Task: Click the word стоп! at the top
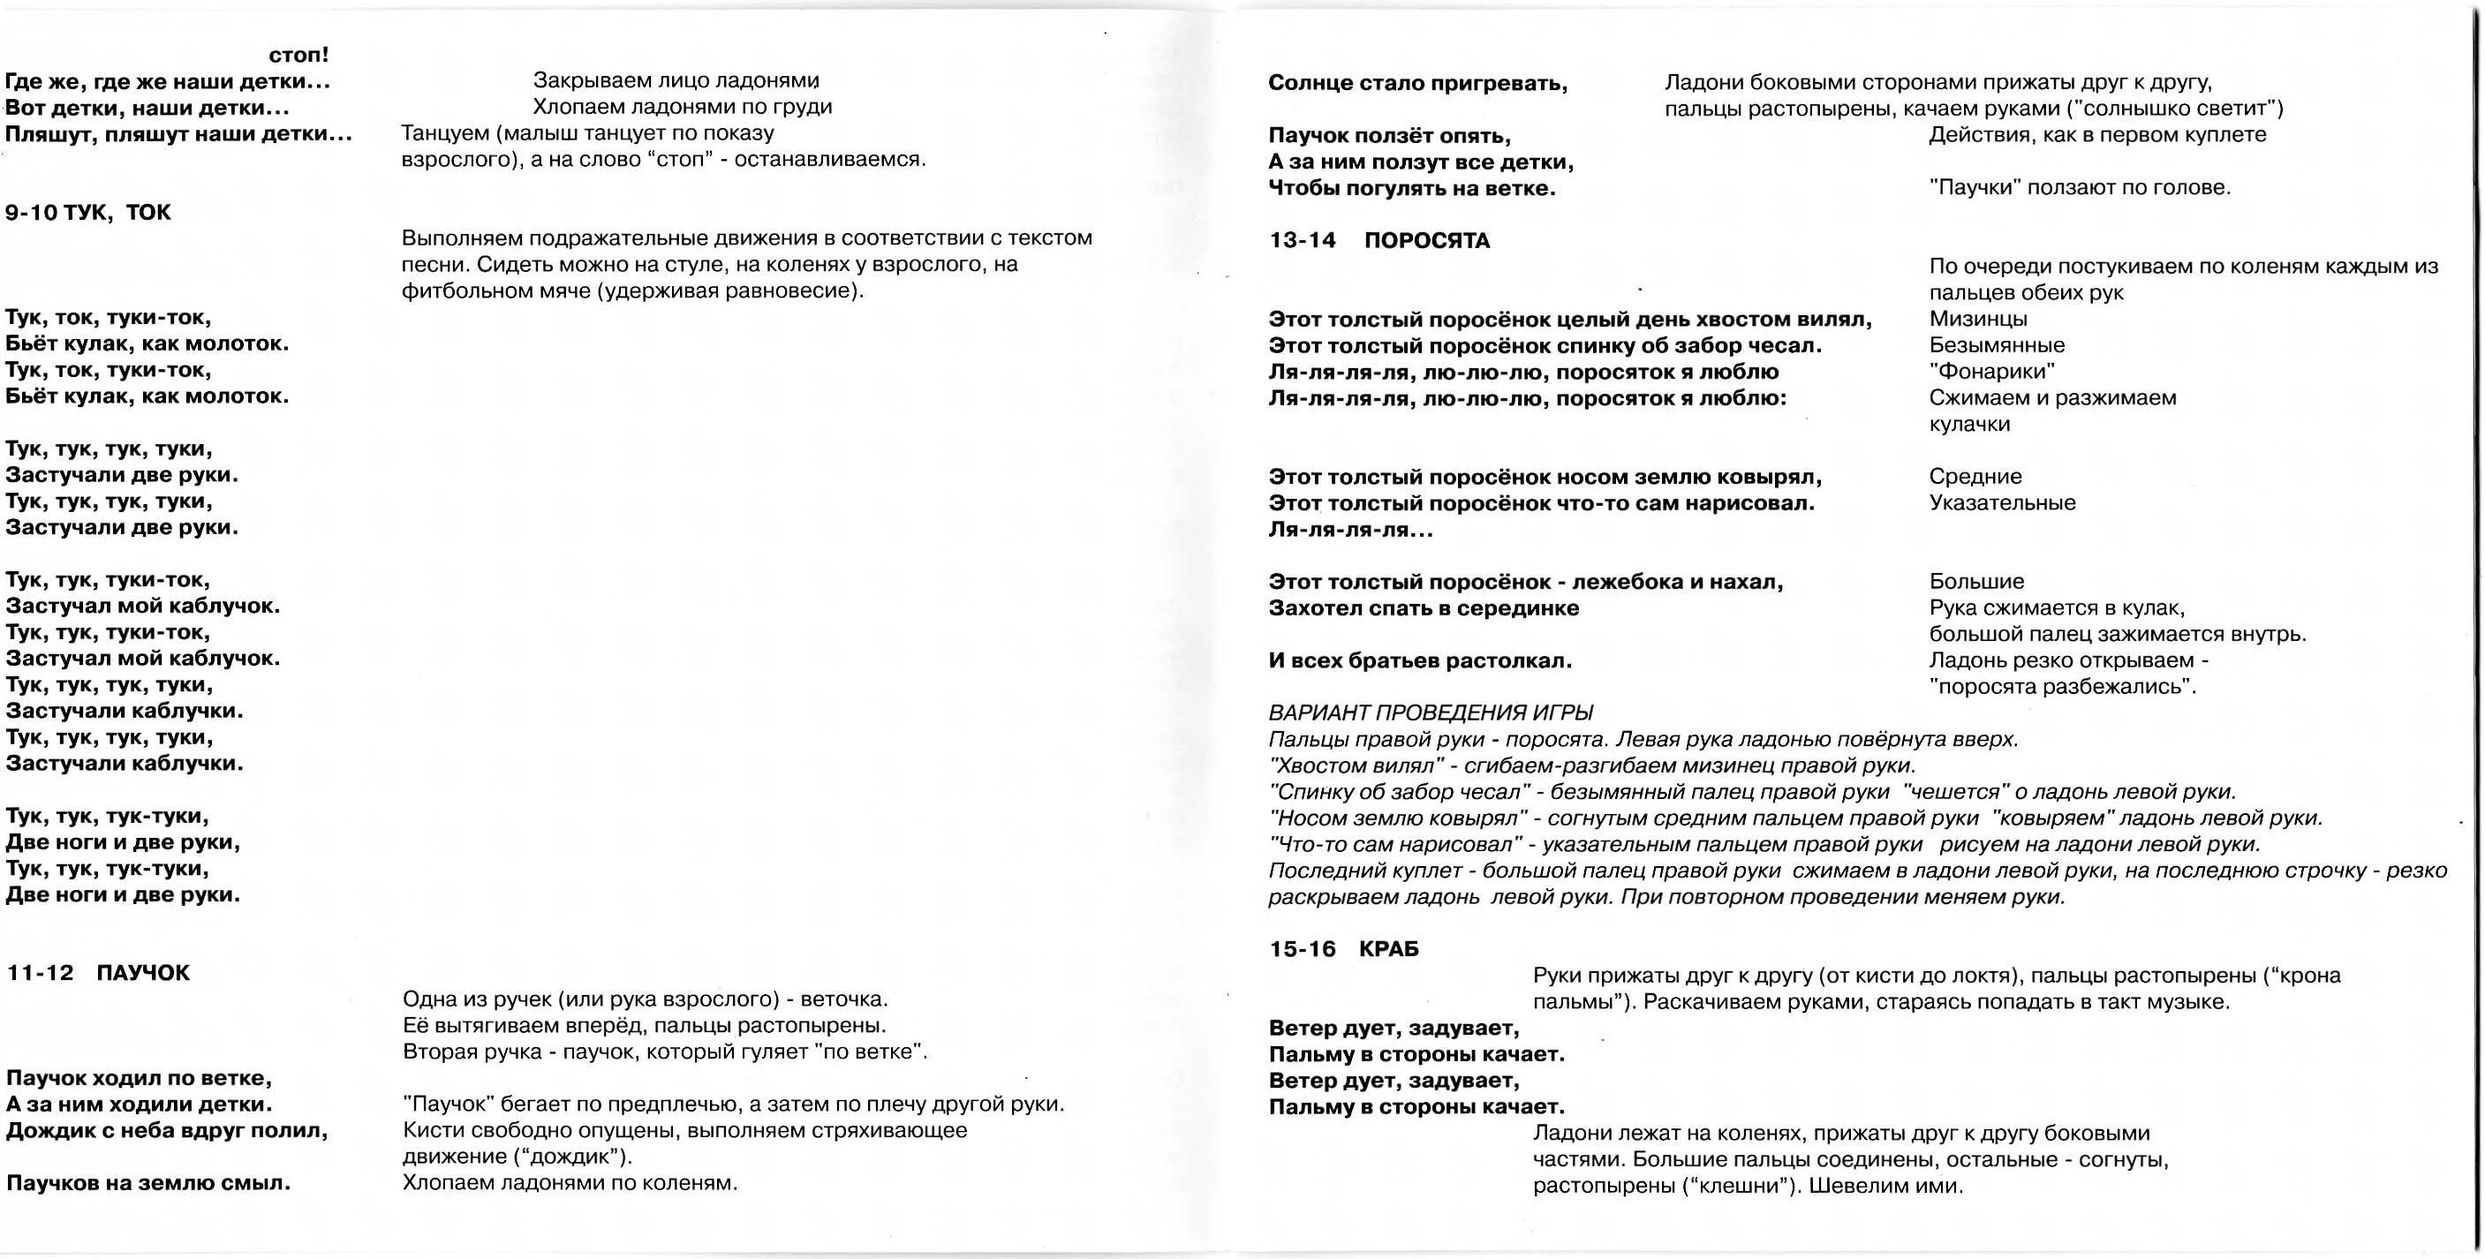299,56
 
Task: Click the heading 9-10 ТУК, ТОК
87,212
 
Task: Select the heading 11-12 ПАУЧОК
98,972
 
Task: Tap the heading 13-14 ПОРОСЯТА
1379,241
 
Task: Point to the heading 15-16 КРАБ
1344,949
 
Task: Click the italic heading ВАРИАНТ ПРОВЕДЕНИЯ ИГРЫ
1431,713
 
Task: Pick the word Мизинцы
1978,320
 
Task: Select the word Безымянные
1997,345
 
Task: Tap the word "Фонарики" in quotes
1992,372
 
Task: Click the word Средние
1975,477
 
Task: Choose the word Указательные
2003,502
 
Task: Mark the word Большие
1976,582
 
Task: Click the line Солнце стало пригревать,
1418,84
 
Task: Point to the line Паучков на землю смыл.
148,1183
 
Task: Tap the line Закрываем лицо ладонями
676,81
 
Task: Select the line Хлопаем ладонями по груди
682,107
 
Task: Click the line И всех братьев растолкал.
1420,661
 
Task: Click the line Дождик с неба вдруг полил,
167,1131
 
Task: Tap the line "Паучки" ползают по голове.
2080,188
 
